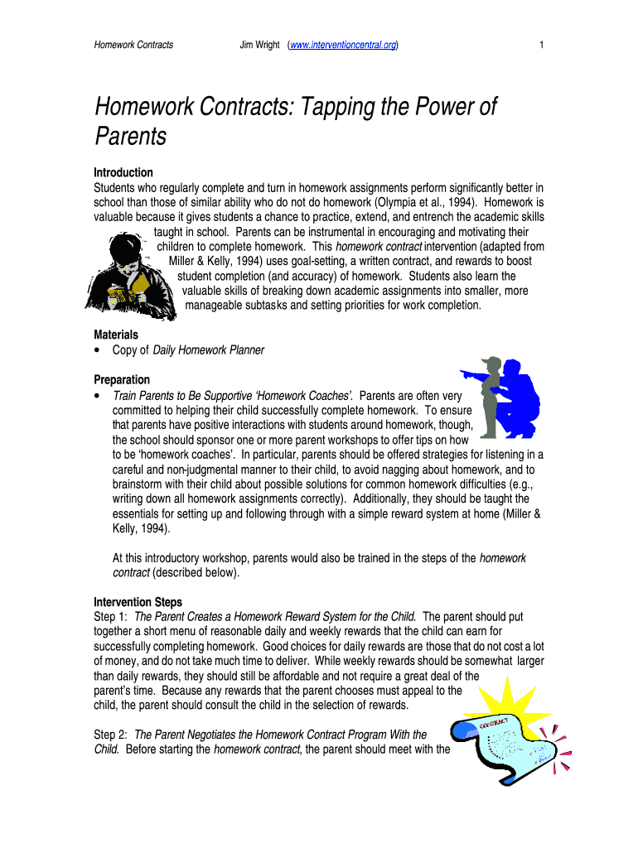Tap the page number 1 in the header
point(541,45)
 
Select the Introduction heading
point(123,172)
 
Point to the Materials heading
point(115,335)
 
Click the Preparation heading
point(122,379)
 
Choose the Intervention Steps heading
point(138,602)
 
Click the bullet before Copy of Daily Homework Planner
point(98,350)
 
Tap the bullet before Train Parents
point(98,396)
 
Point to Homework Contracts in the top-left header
point(133,45)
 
